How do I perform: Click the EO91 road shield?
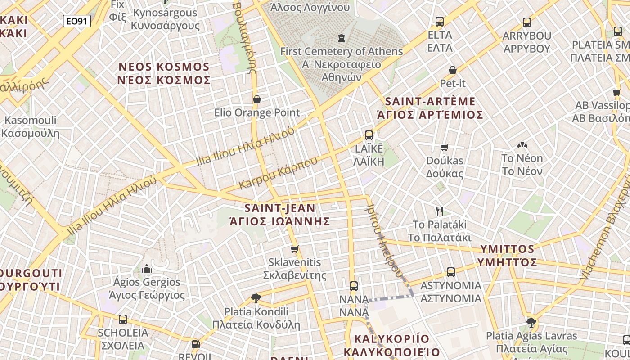pyautogui.click(x=76, y=21)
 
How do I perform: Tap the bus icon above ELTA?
pyautogui.click(x=440, y=21)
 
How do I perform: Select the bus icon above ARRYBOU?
pyautogui.click(x=526, y=22)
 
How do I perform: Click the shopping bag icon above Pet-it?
pyautogui.click(x=452, y=70)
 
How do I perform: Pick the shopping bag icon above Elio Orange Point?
pyautogui.click(x=257, y=99)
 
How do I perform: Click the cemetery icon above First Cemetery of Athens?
pyautogui.click(x=342, y=38)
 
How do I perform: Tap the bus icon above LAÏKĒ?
pyautogui.click(x=369, y=135)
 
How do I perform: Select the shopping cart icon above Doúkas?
pyautogui.click(x=445, y=147)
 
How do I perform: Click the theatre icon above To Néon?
pyautogui.click(x=522, y=145)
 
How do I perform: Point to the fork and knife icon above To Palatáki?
pyautogui.click(x=440, y=211)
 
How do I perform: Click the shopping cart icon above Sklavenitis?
pyautogui.click(x=295, y=249)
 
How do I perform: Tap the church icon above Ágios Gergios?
pyautogui.click(x=147, y=269)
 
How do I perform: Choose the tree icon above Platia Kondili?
pyautogui.click(x=256, y=298)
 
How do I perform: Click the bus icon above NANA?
pyautogui.click(x=354, y=286)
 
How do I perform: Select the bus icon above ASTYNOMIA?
pyautogui.click(x=451, y=272)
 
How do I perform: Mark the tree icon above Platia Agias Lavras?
pyautogui.click(x=531, y=322)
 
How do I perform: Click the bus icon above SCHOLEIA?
pyautogui.click(x=122, y=319)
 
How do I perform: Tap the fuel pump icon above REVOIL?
pyautogui.click(x=195, y=344)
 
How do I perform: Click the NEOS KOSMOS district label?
pyautogui.click(x=164, y=73)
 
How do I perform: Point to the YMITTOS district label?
pyautogui.click(x=508, y=256)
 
